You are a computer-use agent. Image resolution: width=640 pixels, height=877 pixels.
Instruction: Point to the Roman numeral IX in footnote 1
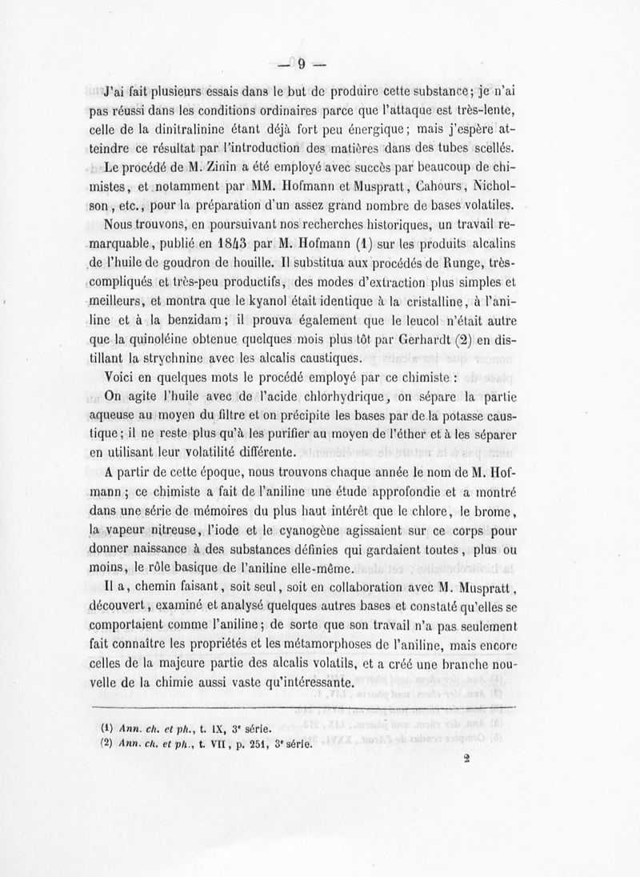pos(210,729)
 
